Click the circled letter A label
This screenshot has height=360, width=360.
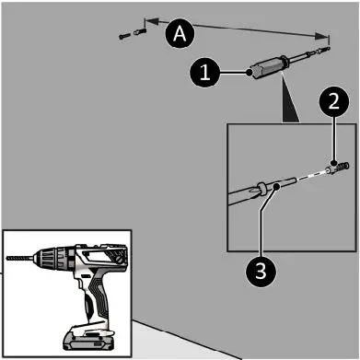pos(180,33)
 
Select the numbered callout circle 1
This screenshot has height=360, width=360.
pos(204,73)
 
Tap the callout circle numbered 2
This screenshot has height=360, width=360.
pos(333,101)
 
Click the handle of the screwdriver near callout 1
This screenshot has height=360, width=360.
pos(268,67)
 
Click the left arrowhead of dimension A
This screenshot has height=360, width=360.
pos(151,21)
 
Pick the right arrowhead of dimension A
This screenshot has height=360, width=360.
pos(321,37)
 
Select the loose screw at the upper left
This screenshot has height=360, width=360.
pos(124,36)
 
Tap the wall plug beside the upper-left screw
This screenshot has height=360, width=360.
pos(140,31)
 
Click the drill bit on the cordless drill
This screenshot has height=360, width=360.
pos(19,258)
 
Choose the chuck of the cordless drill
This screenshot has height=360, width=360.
pos(45,259)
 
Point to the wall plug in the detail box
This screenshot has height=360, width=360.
pos(337,168)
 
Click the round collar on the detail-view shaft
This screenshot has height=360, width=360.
pos(261,188)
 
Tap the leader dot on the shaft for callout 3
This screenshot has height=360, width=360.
pos(277,186)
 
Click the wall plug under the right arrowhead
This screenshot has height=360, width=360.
pos(324,49)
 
